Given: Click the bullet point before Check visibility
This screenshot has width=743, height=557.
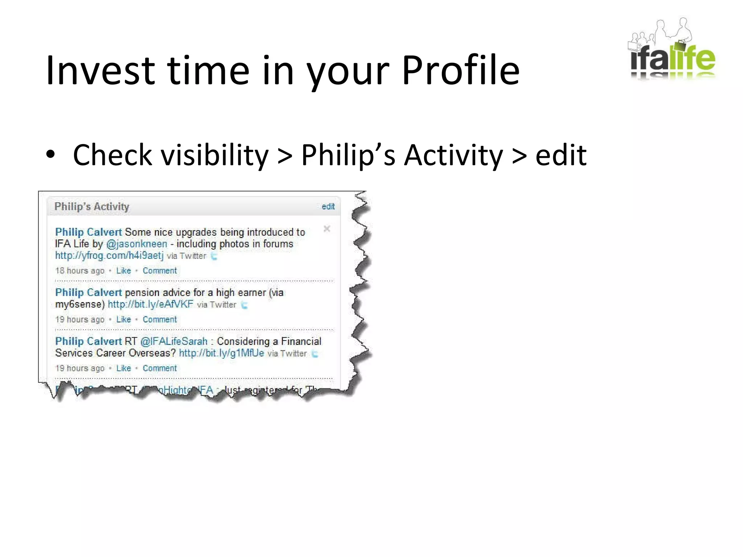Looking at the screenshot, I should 50,155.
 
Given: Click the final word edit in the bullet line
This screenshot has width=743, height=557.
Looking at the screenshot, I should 561,155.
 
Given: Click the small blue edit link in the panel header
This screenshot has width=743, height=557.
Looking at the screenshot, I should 328,206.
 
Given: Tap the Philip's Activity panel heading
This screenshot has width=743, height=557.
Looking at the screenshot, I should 92,206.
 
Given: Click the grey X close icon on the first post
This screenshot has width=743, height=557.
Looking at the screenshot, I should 327,229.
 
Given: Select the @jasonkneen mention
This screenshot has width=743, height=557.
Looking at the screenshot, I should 137,244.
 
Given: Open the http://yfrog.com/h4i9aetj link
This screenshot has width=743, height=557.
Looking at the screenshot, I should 109,256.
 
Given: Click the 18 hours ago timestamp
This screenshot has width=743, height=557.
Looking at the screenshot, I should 80,271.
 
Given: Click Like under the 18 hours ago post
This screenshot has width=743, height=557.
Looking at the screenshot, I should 123,271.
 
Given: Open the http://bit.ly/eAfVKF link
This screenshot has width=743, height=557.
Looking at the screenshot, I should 151,304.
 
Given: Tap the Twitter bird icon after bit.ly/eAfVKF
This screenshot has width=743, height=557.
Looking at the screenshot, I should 245,305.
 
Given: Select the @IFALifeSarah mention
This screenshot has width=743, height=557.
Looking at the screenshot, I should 174,341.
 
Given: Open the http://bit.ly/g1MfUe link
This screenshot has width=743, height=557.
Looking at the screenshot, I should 221,353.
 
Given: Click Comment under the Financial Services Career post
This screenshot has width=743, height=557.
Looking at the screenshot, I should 160,368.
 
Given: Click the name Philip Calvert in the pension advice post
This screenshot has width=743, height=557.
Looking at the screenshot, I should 89,292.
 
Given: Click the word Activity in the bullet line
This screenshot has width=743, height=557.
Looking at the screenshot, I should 453,155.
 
